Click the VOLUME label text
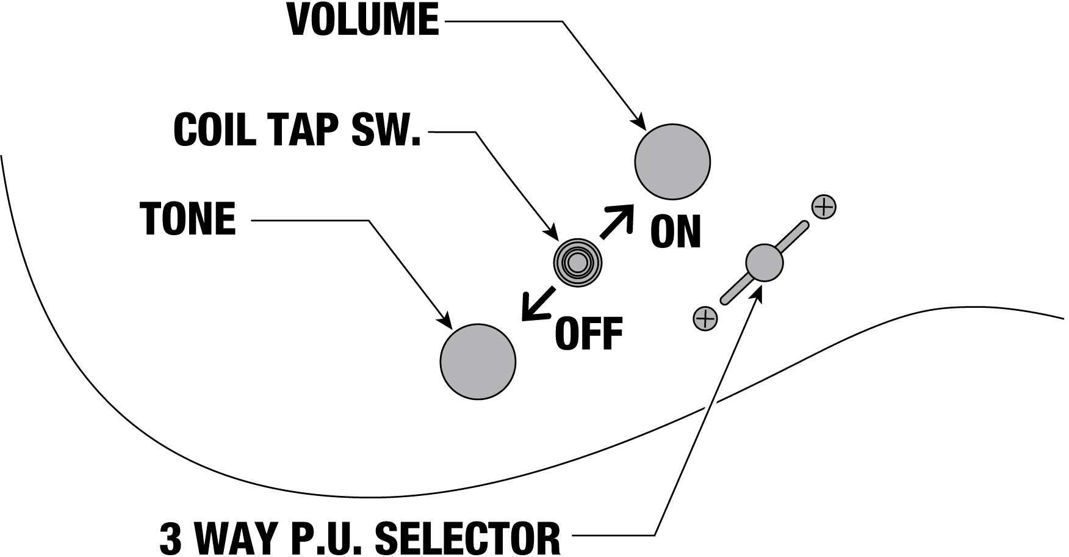[363, 21]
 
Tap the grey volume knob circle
[672, 161]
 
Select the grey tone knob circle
[478, 362]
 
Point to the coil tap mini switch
[577, 263]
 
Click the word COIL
[213, 129]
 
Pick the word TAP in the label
[297, 129]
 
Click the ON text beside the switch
[675, 232]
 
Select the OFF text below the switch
[588, 333]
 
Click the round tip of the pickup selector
[764, 263]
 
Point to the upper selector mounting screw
[824, 207]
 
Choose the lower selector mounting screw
[705, 318]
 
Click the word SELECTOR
[467, 537]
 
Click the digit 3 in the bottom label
[171, 537]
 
